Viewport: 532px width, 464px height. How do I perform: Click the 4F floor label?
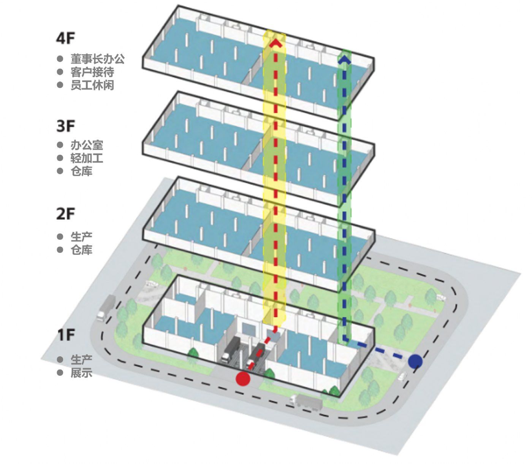tap(65, 38)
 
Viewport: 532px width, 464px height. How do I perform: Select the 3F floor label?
tap(65, 126)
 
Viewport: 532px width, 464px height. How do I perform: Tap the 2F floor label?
tap(65, 214)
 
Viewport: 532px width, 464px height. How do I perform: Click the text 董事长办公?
tap(98, 59)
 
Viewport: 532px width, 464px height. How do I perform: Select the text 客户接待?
tap(92, 72)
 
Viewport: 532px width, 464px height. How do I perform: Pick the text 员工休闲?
tap(92, 85)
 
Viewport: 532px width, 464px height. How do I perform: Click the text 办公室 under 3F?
tap(87, 145)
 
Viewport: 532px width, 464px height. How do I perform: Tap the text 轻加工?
tap(87, 158)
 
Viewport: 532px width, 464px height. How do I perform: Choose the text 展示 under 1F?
tap(81, 373)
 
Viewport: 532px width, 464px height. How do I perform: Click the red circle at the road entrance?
tap(243, 379)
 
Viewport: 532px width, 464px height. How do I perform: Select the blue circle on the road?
tap(415, 361)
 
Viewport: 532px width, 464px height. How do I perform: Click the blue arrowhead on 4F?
tap(345, 59)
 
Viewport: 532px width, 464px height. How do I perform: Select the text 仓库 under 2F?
tap(81, 250)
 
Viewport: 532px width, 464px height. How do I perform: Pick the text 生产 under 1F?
tap(81, 360)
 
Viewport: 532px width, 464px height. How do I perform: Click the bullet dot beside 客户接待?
tap(60, 72)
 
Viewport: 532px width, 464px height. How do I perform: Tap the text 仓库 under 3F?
tap(81, 171)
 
